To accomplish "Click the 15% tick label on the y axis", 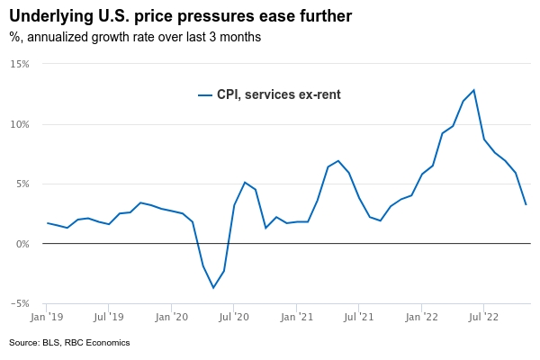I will [x=20, y=64].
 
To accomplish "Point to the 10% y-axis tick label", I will [x=20, y=124].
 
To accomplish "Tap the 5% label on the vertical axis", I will [x=22, y=184].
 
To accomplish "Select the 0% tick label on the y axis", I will [x=22, y=244].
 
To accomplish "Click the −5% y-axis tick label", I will [x=20, y=303].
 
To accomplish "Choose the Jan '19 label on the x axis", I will [x=46, y=317].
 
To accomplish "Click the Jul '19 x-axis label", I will [x=108, y=317].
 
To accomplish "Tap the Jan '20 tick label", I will [x=171, y=317].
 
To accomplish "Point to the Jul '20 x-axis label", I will [x=233, y=317].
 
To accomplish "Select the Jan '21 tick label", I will [x=296, y=317].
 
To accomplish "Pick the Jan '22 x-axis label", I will [x=421, y=317].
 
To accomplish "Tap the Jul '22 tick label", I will [x=483, y=317].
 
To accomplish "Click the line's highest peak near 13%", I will [x=473, y=90].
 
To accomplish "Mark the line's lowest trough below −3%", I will [x=213, y=288].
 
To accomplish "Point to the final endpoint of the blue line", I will [x=526, y=204].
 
